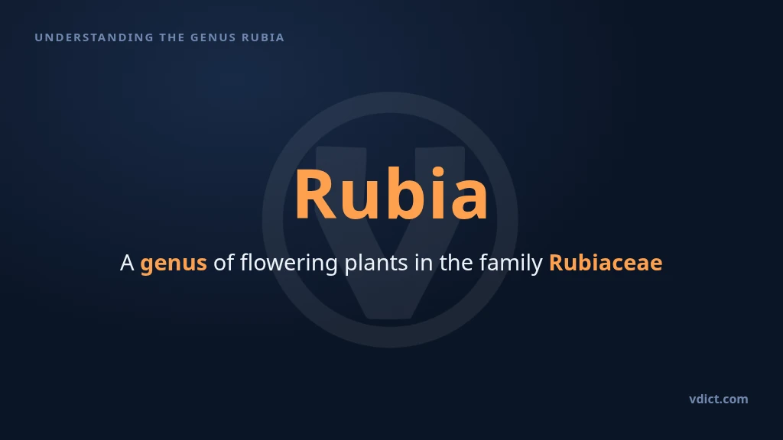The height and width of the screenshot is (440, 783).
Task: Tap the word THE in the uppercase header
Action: [x=172, y=37]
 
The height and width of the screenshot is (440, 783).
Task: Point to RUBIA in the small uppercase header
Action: [x=263, y=37]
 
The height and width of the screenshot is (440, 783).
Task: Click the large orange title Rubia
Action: [x=391, y=194]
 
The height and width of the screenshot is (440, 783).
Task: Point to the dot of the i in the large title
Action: [x=438, y=173]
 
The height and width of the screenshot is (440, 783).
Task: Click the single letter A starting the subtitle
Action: [x=127, y=263]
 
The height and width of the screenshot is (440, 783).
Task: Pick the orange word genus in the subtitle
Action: [x=174, y=264]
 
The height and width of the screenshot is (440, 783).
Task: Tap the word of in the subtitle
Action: [x=223, y=263]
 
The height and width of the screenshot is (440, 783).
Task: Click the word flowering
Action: [x=288, y=264]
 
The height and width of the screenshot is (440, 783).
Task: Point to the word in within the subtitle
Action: [x=424, y=263]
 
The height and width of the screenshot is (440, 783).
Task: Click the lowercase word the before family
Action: [x=456, y=263]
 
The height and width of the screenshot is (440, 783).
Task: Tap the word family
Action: [x=511, y=264]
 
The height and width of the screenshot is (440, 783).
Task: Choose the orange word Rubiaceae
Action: [x=606, y=263]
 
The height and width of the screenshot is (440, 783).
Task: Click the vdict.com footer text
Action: [x=719, y=399]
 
